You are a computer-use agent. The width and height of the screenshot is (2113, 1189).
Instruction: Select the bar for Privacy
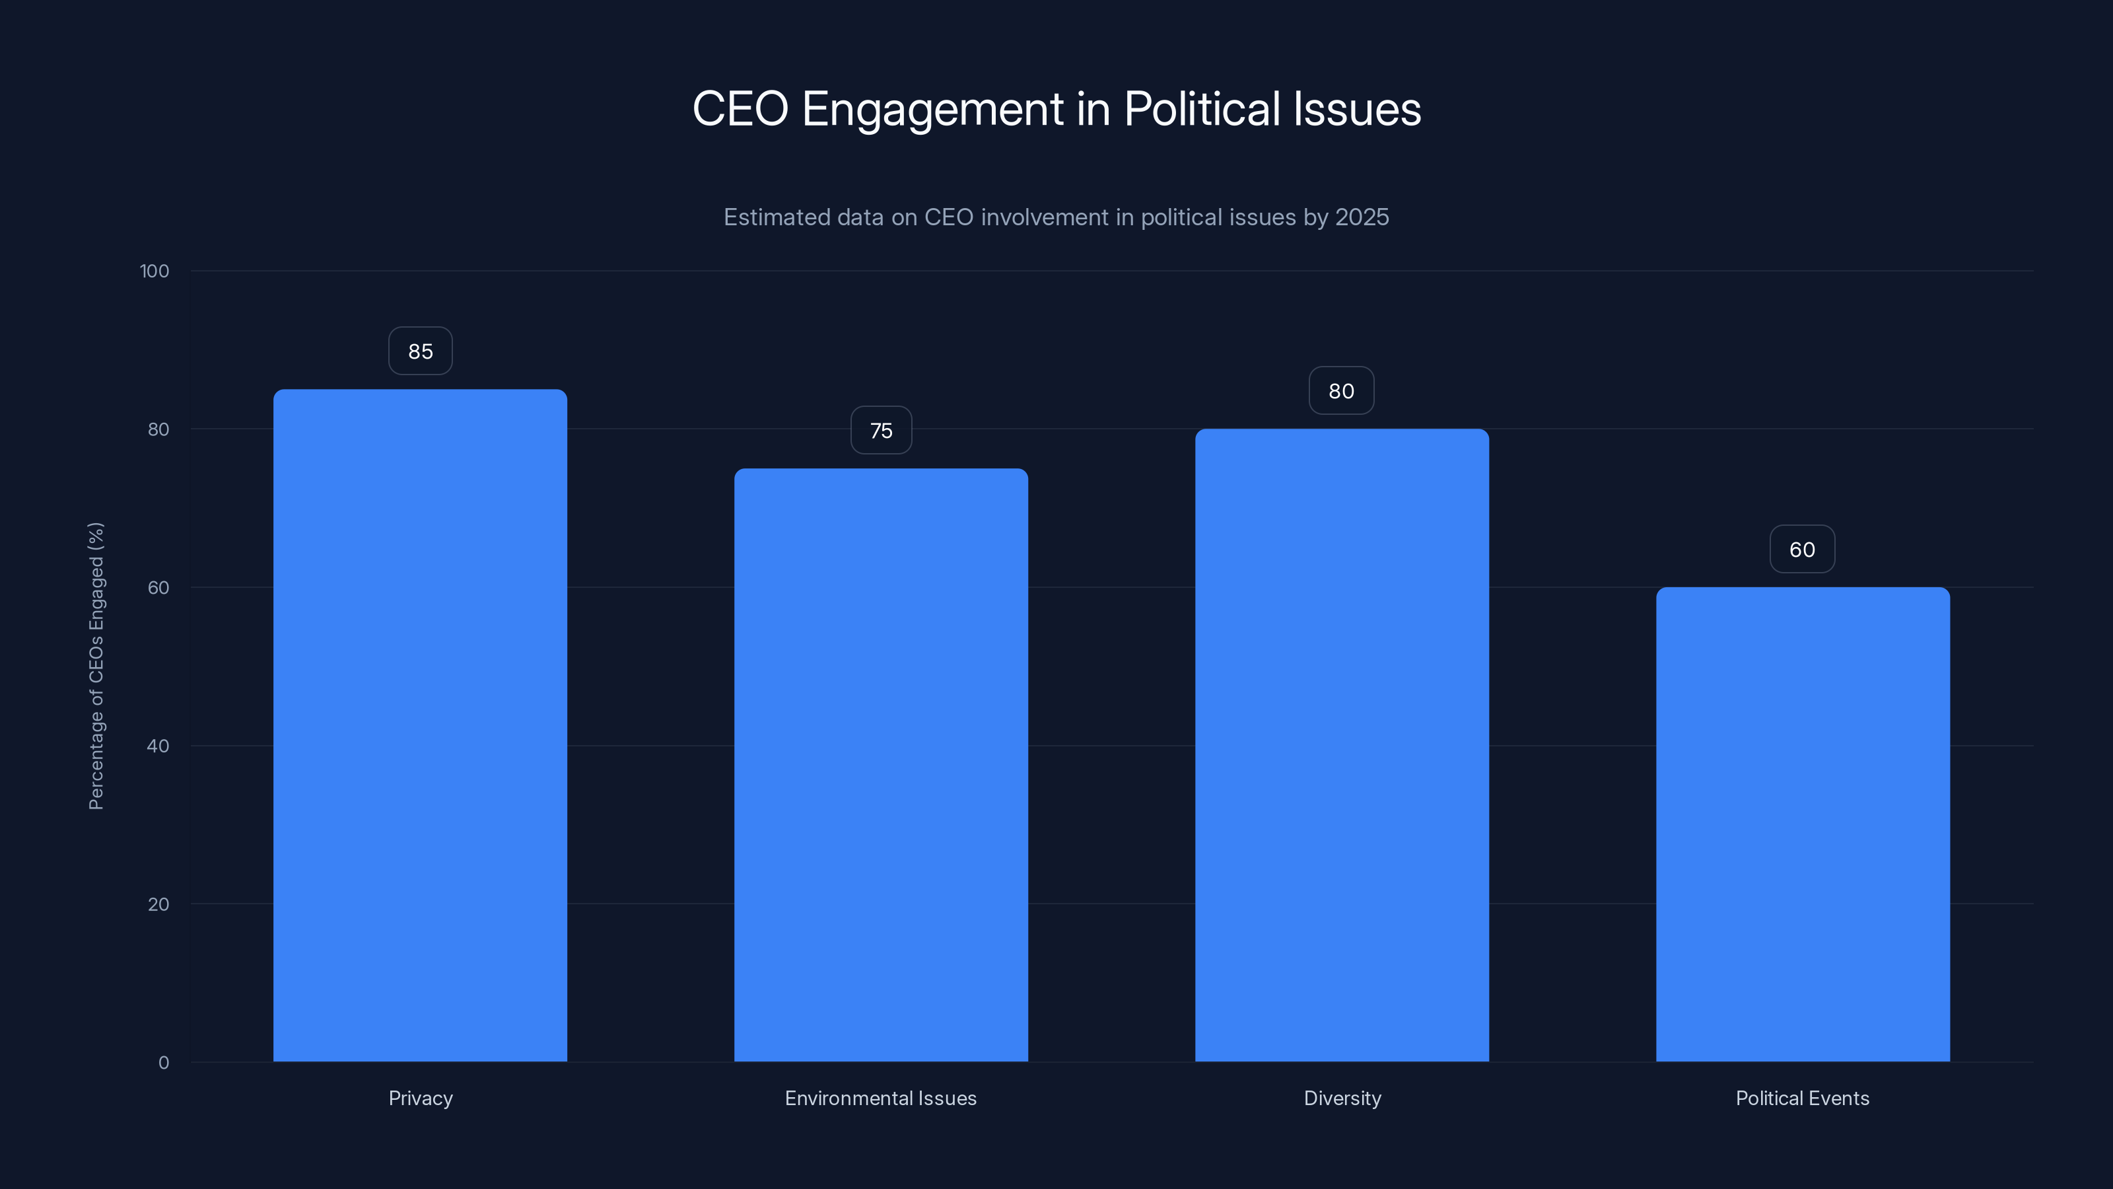[420, 725]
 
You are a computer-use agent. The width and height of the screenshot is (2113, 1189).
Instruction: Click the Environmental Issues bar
[881, 765]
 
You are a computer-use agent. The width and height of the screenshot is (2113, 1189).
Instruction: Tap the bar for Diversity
[1342, 745]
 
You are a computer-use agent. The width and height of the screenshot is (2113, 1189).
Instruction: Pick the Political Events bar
[1802, 824]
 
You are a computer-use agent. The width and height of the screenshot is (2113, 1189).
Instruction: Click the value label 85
[420, 351]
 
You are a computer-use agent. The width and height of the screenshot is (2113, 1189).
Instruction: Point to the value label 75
[881, 431]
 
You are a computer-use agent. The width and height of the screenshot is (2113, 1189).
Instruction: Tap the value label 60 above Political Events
[1802, 550]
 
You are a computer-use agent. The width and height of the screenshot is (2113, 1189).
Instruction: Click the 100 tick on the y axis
[155, 271]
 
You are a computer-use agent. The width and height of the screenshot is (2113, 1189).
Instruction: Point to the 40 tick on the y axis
[158, 746]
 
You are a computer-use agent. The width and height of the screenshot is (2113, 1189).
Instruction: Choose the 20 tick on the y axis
[158, 904]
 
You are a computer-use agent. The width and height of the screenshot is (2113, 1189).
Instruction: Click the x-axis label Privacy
[420, 1098]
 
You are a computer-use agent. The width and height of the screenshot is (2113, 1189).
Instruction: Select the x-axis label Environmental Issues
[881, 1098]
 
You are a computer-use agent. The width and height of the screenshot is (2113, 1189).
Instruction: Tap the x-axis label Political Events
[1802, 1098]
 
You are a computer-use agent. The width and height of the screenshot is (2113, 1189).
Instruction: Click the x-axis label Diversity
[1342, 1098]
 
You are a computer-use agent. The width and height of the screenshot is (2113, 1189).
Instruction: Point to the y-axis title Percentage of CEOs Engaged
[96, 665]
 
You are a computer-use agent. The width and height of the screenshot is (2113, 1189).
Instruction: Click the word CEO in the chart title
[740, 109]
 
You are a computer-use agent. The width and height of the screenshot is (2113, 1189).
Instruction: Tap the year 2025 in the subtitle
[1362, 217]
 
